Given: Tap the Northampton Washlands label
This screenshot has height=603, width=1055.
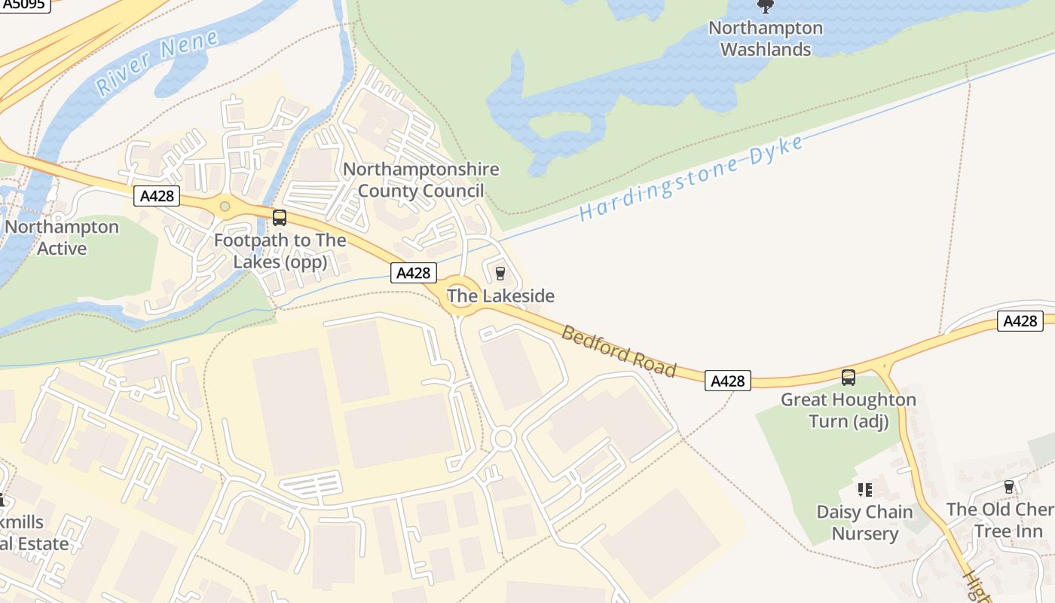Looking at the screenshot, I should [766, 39].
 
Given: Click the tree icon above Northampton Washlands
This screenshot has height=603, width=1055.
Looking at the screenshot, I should [766, 7].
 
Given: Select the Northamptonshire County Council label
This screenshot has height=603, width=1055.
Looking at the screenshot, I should [420, 179].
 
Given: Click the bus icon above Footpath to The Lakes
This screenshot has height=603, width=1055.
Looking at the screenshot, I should [280, 218].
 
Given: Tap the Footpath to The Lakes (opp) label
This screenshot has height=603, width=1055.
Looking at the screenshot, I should [280, 251].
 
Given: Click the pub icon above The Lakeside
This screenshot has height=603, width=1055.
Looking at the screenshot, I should [500, 273].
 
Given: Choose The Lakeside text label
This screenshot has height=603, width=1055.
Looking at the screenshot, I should [500, 296].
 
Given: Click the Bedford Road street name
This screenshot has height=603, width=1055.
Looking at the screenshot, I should [619, 351].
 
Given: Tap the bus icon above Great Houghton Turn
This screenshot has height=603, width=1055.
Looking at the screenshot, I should [849, 378].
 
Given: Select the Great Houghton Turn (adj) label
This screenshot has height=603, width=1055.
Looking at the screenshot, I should [849, 410].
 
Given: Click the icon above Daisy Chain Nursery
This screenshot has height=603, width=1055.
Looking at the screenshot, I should [864, 490].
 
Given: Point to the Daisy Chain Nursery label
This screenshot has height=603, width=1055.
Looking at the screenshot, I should [864, 523].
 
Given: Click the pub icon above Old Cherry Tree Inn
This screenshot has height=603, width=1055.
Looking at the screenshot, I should [1008, 487].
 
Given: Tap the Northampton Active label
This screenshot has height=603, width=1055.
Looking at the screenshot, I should [62, 237].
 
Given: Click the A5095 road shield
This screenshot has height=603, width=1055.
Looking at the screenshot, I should [24, 5].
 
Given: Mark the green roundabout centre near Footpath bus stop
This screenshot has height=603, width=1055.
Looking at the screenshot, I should [225, 206].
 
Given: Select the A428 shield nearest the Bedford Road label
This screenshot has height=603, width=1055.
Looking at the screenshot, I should [729, 381].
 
